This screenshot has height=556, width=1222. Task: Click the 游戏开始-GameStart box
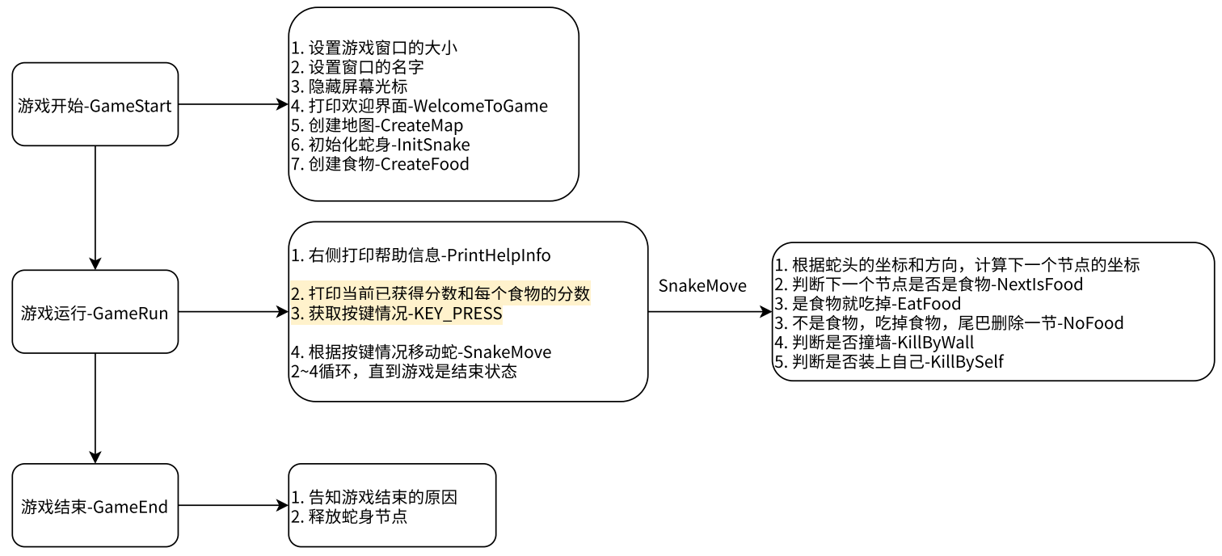pyautogui.click(x=95, y=105)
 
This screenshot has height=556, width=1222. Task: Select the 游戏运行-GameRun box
pyautogui.click(x=95, y=313)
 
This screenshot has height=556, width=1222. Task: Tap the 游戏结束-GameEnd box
pyautogui.click(x=95, y=507)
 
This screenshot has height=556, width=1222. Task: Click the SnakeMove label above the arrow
pyautogui.click(x=702, y=286)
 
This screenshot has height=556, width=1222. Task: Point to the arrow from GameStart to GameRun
pyautogui.click(x=95, y=207)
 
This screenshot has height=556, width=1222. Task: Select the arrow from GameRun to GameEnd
pyautogui.click(x=95, y=408)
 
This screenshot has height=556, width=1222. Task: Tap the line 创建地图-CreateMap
pyautogui.click(x=377, y=125)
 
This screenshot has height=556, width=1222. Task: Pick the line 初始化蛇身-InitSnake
pyautogui.click(x=380, y=145)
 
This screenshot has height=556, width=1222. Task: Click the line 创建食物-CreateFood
pyautogui.click(x=380, y=164)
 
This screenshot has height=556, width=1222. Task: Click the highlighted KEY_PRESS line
pyautogui.click(x=396, y=314)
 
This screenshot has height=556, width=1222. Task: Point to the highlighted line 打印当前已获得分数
pyautogui.click(x=440, y=294)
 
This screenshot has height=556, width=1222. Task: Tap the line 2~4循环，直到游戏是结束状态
pyautogui.click(x=403, y=372)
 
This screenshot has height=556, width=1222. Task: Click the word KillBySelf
pyautogui.click(x=967, y=362)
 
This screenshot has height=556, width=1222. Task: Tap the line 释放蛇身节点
pyautogui.click(x=349, y=516)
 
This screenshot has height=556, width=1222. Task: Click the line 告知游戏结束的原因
pyautogui.click(x=374, y=497)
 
